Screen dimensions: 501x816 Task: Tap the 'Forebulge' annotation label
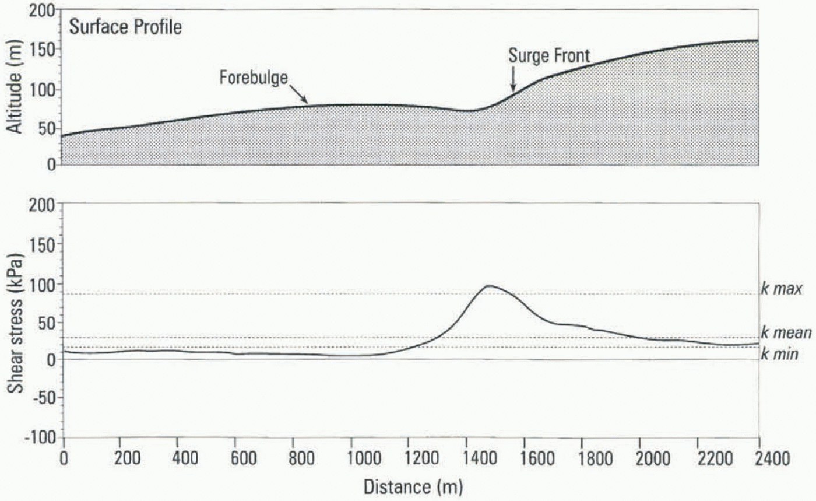point(254,78)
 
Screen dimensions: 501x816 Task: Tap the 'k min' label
point(780,353)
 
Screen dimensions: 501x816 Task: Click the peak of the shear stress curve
point(488,286)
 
